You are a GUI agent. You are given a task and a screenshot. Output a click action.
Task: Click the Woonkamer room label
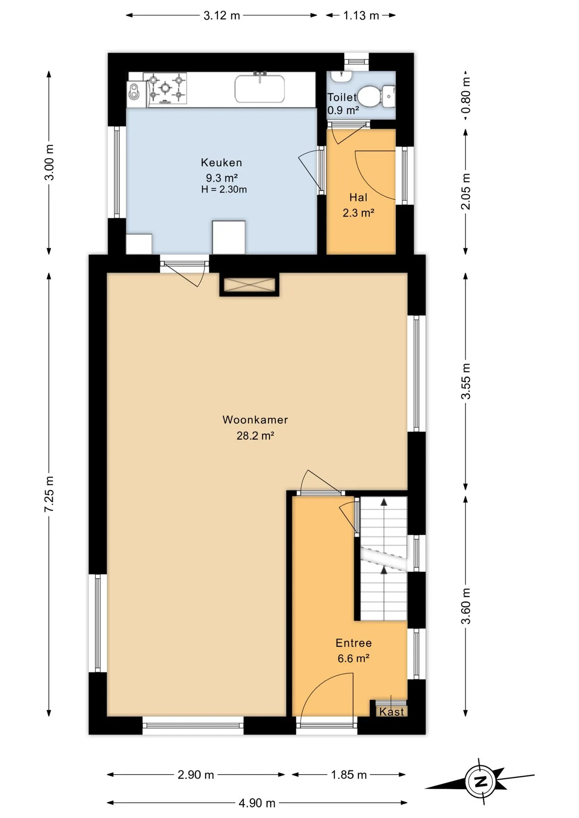click(255, 420)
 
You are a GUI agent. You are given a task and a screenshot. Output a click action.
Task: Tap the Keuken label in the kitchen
click(221, 162)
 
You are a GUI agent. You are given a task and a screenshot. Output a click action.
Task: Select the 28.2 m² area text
click(255, 435)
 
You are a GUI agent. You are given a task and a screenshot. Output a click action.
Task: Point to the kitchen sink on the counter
click(260, 89)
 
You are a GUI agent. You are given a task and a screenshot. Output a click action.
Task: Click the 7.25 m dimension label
click(49, 494)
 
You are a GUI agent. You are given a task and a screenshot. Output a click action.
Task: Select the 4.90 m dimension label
click(257, 803)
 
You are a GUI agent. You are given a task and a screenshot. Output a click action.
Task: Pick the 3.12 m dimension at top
click(222, 16)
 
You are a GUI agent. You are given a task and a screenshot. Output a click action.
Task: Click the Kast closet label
click(391, 711)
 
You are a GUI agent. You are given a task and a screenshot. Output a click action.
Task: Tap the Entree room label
click(353, 643)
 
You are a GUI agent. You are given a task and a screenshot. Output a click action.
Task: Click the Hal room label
click(358, 197)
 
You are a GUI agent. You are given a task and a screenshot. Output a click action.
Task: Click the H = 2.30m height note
click(224, 190)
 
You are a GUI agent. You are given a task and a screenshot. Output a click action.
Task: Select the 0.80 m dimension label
click(466, 95)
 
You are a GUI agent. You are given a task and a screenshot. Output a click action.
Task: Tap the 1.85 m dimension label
click(349, 775)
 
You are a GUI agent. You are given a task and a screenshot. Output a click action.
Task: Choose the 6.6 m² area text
click(353, 659)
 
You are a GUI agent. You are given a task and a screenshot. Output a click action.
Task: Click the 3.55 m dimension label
click(466, 381)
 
